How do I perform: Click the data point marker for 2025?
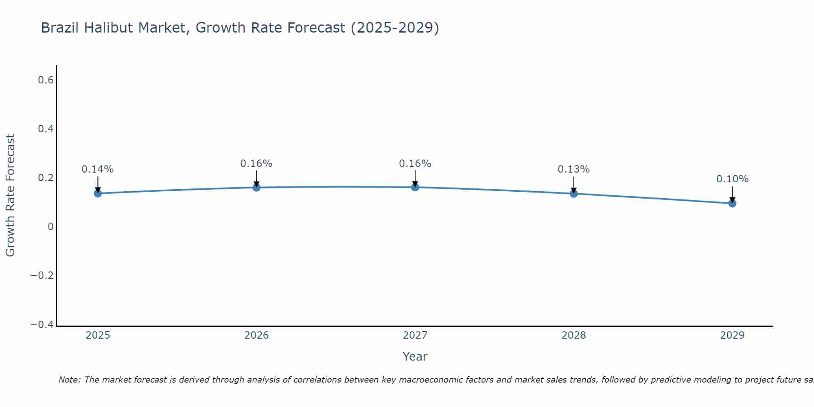[x=98, y=193]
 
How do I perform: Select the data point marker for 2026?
[x=256, y=187]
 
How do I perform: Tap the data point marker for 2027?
[x=415, y=187]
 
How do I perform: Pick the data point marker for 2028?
[x=573, y=193]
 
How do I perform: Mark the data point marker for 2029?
[x=732, y=203]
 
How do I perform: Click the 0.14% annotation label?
[x=98, y=169]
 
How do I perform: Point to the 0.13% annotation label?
[x=573, y=169]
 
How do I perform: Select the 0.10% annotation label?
[x=732, y=179]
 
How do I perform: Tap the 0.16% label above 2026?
[x=256, y=164]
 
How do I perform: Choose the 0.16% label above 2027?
[x=415, y=164]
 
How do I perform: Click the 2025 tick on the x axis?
[x=98, y=335]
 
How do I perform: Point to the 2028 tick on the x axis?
[x=573, y=335]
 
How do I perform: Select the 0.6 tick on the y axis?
[x=46, y=80]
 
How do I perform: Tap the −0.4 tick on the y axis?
[x=42, y=324]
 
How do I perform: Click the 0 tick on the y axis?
[x=50, y=227]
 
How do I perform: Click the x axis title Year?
[x=415, y=357]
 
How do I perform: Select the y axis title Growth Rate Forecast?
[x=10, y=195]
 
